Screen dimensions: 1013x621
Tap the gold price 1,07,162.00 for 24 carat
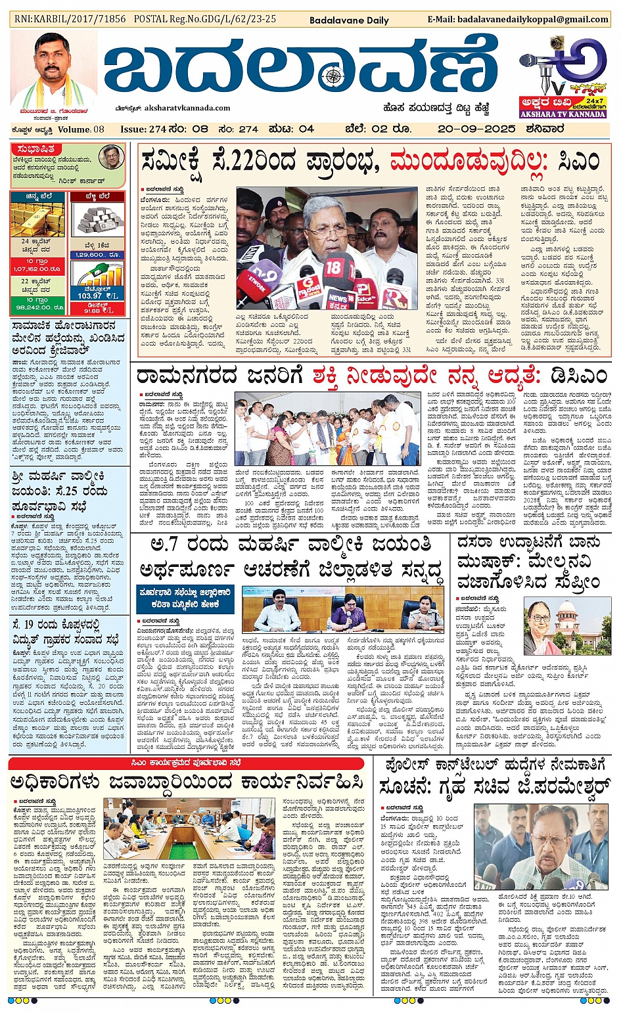coord(37,269)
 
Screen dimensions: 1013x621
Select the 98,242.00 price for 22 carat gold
coord(37,307)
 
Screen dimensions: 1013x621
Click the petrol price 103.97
coord(91,296)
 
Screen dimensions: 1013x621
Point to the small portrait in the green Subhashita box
coord(111,158)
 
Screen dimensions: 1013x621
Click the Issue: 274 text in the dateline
coord(143,129)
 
